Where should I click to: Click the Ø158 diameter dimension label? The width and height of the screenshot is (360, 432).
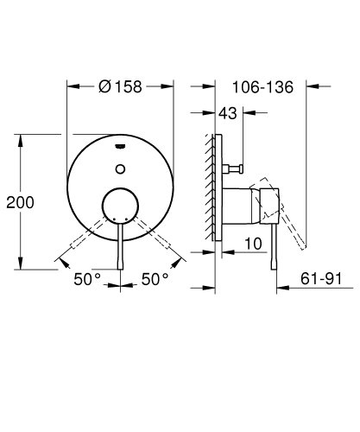[121, 86]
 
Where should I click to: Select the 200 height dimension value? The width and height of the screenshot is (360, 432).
[20, 202]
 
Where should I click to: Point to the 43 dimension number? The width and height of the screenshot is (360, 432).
[228, 113]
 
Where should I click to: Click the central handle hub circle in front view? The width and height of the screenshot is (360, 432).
[121, 207]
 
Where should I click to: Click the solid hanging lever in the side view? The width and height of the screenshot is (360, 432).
[274, 251]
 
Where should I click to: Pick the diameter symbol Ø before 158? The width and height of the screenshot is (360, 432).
[104, 86]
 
